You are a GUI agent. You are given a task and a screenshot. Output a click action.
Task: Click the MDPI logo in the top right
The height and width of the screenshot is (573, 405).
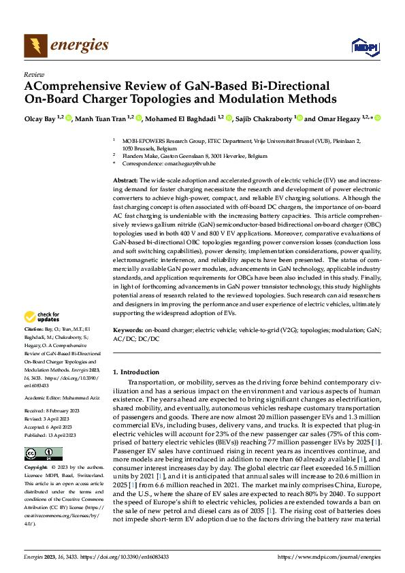364,46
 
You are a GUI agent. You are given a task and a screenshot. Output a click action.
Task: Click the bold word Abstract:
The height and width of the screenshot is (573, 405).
127,178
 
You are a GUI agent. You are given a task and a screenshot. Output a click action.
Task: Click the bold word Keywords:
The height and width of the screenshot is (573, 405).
129,329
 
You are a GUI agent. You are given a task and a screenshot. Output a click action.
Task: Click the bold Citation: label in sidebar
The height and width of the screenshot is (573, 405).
36,328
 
